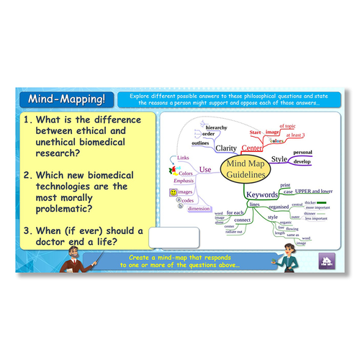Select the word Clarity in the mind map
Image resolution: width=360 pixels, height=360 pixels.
(x=226, y=148)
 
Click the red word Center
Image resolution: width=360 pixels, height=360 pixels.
(x=253, y=148)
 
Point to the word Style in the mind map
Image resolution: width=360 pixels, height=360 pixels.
(x=279, y=158)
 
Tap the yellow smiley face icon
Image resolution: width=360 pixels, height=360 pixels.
(x=174, y=193)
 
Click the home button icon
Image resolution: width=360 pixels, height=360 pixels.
(x=325, y=261)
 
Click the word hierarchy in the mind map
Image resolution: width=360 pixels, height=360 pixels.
(x=215, y=125)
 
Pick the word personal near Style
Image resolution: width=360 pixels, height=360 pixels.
(x=302, y=153)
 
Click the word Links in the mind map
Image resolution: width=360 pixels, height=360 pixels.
(x=183, y=158)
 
